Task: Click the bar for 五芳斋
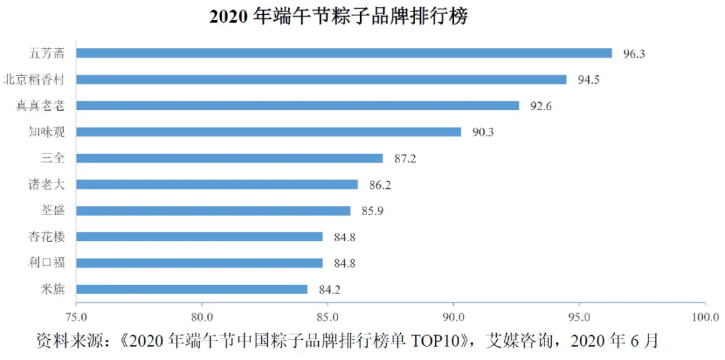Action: pyautogui.click(x=344, y=53)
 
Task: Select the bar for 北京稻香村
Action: pyautogui.click(x=321, y=79)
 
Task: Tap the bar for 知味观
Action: pyautogui.click(x=269, y=132)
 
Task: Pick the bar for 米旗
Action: pyautogui.click(x=192, y=289)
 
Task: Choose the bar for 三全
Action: pyautogui.click(x=230, y=159)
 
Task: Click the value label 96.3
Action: pyautogui.click(x=634, y=54)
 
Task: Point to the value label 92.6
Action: pyautogui.click(x=540, y=106)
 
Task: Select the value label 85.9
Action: pyautogui.click(x=372, y=211)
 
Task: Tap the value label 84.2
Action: pyautogui.click(x=330, y=290)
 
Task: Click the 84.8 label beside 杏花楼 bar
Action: pyautogui.click(x=344, y=237)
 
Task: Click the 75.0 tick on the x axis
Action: pyautogui.click(x=77, y=316)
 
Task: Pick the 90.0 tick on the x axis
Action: pyautogui.click(x=453, y=316)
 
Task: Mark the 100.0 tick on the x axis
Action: pyautogui.click(x=704, y=316)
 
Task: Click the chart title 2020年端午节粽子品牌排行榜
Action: pyautogui.click(x=338, y=17)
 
